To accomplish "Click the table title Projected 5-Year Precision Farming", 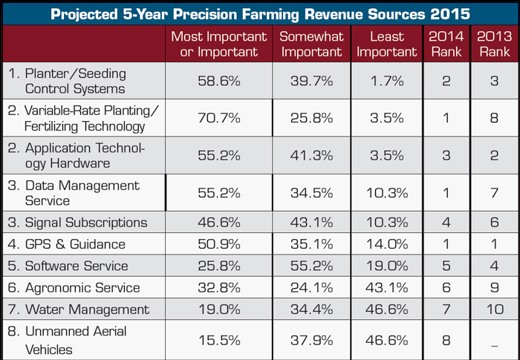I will (x=260, y=13).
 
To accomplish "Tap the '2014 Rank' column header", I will (x=446, y=44).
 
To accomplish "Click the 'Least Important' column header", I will (x=387, y=44).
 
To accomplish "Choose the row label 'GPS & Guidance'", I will (x=59, y=244).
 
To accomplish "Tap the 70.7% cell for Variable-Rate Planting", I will (x=218, y=117).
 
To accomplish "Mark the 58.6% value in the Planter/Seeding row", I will (x=218, y=81).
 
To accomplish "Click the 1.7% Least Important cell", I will (x=387, y=81).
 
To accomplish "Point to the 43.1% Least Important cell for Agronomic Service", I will (x=387, y=287).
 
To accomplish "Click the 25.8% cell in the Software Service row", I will (x=218, y=266).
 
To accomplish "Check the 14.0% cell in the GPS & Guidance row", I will (x=387, y=244).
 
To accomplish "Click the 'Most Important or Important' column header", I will (x=218, y=44).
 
